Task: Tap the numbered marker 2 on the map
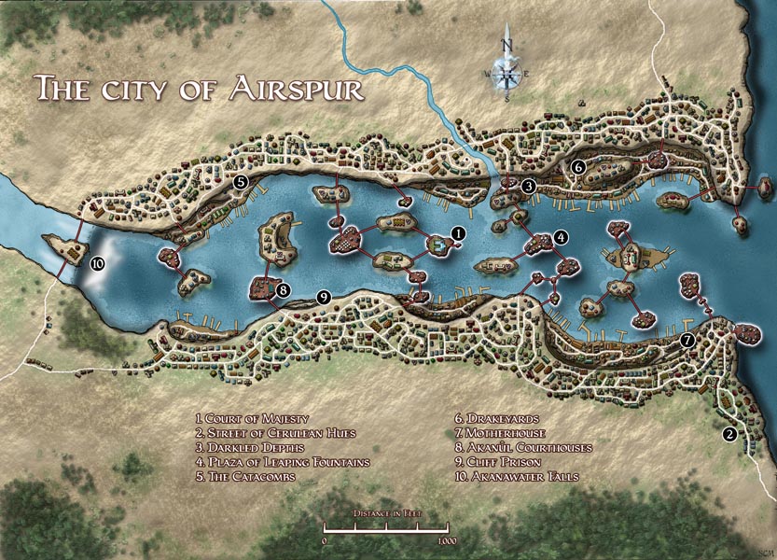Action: coord(729,433)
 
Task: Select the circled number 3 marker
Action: coord(528,186)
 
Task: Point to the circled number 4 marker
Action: coord(561,237)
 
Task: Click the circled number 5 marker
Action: coord(240,183)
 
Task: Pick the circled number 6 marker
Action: coord(578,167)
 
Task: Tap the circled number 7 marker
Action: coord(687,340)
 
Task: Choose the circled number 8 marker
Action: coord(283,289)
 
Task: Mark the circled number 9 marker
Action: coord(324,297)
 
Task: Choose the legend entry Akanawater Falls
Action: coord(518,476)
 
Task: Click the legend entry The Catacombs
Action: coord(244,476)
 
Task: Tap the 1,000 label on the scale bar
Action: coord(446,540)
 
